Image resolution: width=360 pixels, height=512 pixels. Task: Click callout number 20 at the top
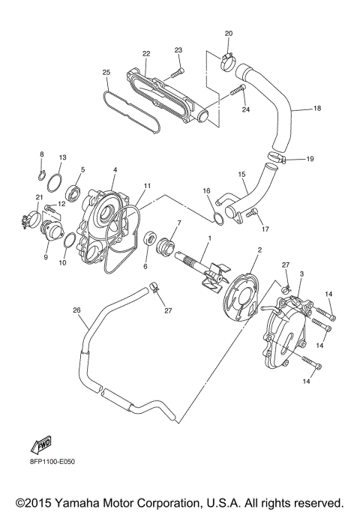click(229, 34)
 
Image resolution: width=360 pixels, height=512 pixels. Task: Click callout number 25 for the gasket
click(106, 73)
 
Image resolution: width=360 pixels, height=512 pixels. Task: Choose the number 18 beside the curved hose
click(317, 109)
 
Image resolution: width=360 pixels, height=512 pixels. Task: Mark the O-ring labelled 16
click(218, 217)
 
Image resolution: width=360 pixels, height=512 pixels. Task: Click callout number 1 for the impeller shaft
click(209, 238)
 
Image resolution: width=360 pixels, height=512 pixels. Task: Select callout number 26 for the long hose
click(76, 309)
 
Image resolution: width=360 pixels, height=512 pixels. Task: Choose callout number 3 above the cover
click(301, 274)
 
